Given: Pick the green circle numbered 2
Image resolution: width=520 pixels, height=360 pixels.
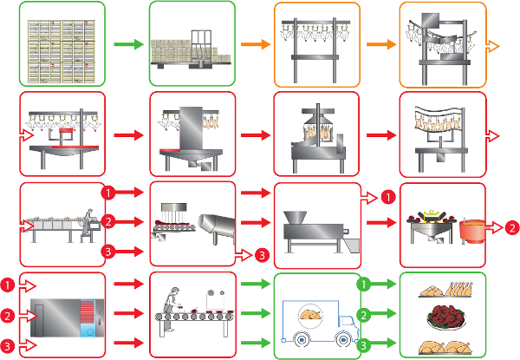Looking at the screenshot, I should (366, 314).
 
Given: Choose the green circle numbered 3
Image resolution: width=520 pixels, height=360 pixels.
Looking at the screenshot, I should (366, 345).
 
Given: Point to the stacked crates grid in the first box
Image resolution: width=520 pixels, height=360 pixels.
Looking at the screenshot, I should (62, 43).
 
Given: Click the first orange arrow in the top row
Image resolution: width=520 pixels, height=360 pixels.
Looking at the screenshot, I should (253, 43).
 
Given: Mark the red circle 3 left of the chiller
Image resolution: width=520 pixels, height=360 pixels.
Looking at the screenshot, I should (7, 345).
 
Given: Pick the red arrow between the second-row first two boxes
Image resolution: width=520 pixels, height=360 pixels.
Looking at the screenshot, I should (126, 135).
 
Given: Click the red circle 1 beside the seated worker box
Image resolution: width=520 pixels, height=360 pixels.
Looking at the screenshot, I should (108, 191).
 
